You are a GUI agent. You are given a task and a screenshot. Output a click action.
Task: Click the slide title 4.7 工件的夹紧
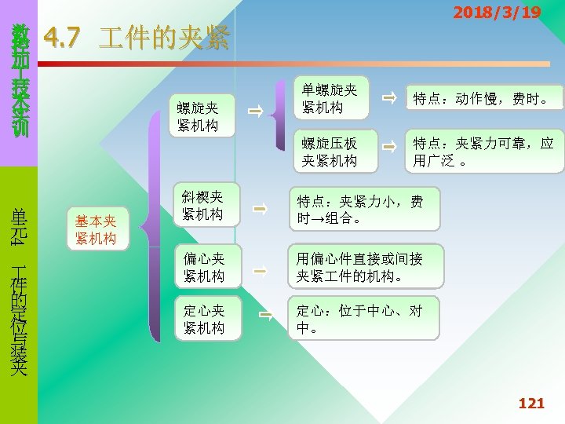[x=137, y=37]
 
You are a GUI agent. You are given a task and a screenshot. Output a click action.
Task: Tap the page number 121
[x=531, y=404]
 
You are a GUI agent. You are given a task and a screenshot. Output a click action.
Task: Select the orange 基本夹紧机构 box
[x=96, y=230]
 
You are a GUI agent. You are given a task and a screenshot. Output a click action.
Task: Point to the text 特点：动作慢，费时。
[x=483, y=99]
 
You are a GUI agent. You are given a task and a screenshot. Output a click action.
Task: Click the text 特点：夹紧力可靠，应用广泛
[x=483, y=152]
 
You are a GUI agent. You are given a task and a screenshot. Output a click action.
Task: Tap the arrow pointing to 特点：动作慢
[x=388, y=98]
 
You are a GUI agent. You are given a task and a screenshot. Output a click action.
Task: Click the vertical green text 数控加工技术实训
[x=19, y=82]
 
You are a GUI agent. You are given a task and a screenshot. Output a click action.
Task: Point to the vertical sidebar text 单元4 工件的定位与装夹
[x=19, y=291]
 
